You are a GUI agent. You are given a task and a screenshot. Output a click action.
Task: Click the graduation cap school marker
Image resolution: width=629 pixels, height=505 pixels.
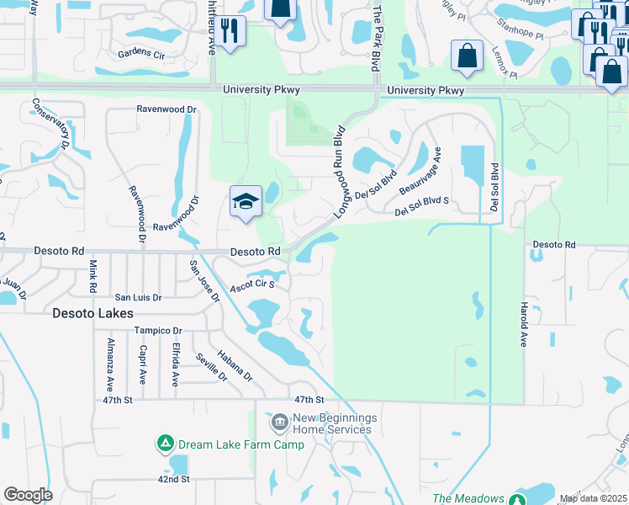(x=246, y=202)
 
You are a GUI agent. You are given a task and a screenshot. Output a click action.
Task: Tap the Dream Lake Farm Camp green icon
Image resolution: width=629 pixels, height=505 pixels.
(x=166, y=442)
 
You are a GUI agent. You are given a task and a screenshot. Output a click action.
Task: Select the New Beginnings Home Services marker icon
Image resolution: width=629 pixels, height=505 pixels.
(x=279, y=420)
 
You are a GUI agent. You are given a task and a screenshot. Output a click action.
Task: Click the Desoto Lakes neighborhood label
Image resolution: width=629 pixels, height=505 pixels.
(x=92, y=313)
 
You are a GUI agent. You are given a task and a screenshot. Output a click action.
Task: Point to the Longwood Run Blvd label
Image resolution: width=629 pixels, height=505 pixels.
(x=340, y=173)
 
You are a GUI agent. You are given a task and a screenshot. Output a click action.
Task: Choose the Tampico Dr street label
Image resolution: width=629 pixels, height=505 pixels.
(x=158, y=331)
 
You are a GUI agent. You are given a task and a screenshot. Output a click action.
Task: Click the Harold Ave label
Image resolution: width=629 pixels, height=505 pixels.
(x=523, y=324)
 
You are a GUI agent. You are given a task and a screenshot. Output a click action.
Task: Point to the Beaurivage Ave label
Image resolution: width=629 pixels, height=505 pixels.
(x=420, y=170)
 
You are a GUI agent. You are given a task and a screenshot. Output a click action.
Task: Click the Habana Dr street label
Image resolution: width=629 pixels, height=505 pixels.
(x=235, y=366)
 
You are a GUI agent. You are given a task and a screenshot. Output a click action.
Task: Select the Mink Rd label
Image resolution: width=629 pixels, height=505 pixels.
(x=92, y=275)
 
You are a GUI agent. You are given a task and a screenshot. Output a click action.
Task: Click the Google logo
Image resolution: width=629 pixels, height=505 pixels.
(x=28, y=495)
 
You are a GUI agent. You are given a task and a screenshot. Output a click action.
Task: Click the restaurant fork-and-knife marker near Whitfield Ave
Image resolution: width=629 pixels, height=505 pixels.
(x=229, y=30)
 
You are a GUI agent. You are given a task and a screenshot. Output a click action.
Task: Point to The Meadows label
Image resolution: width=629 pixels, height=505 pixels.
(x=468, y=499)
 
